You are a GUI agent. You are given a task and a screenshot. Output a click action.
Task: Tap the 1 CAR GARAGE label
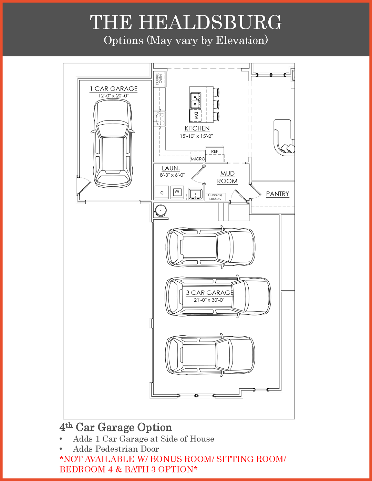coord(114,89)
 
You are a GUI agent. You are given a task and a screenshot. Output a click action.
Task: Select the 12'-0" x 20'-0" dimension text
coord(113,96)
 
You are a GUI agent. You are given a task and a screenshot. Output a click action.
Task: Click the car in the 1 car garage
coord(113,143)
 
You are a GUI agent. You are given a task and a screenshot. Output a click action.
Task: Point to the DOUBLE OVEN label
coord(159,79)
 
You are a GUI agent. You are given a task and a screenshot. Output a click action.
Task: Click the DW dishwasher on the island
coord(196,116)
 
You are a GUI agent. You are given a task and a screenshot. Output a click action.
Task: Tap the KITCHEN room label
coord(197,128)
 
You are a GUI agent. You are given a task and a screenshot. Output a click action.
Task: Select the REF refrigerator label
coord(215,151)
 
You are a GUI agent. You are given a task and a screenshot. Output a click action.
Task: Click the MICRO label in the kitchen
coord(198,159)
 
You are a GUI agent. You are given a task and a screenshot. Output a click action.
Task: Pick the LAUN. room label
coord(171,168)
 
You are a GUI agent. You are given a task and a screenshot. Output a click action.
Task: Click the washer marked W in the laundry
coord(177,192)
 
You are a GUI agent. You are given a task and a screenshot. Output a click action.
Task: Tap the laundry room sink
coord(195,194)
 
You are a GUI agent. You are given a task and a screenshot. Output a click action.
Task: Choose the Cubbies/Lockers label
coord(215,197)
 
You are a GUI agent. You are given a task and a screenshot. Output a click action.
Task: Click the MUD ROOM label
coord(227,177)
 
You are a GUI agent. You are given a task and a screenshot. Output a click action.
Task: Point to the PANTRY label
coord(278,194)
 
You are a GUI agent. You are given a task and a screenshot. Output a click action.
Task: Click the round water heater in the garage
coord(161,210)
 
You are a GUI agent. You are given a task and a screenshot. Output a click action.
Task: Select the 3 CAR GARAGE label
coord(209,293)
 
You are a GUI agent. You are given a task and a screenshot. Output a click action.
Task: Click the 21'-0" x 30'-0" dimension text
coord(209,300)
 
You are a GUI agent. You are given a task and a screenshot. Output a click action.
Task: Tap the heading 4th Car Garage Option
coord(116,427)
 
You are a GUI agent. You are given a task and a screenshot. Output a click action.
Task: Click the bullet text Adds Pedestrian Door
coord(116,449)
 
